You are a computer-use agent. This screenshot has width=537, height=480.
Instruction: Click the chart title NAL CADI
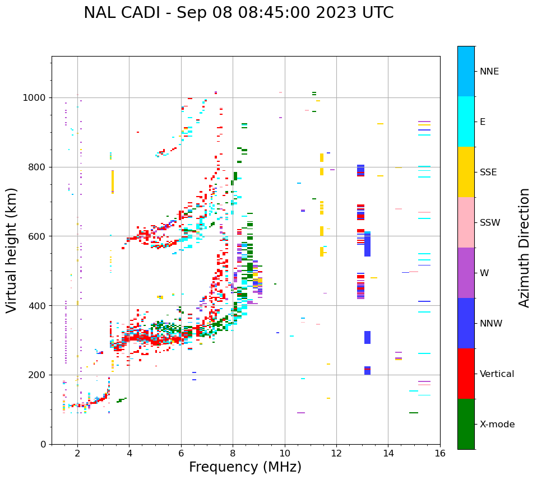[238, 13]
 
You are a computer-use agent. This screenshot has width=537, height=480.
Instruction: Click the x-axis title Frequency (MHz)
[245, 467]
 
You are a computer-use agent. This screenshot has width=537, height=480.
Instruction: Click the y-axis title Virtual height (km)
[12, 250]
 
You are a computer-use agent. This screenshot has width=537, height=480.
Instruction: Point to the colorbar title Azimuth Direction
[524, 247]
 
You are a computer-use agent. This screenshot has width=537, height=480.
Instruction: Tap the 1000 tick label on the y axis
[35, 98]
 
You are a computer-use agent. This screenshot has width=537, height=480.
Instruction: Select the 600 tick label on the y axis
[38, 236]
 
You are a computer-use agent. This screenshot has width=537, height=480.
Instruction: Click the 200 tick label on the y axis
[38, 375]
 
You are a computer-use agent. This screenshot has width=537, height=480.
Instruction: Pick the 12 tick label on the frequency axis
[336, 453]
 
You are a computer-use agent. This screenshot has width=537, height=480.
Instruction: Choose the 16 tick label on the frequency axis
[440, 453]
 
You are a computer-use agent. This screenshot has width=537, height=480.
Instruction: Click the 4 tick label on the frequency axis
[129, 453]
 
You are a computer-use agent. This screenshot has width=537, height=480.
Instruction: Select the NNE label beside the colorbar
[489, 72]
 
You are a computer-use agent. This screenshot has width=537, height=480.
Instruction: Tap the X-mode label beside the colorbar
[497, 425]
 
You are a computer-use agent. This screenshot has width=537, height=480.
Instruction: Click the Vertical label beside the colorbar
[497, 374]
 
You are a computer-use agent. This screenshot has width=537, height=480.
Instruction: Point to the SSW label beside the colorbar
[490, 223]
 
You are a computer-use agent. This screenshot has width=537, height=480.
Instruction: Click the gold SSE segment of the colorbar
[466, 172]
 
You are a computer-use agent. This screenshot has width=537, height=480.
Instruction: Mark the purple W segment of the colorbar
[466, 273]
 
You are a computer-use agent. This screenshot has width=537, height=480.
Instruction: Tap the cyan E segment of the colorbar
[466, 122]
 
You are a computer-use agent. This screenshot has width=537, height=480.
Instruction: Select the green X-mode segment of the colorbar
[466, 424]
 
